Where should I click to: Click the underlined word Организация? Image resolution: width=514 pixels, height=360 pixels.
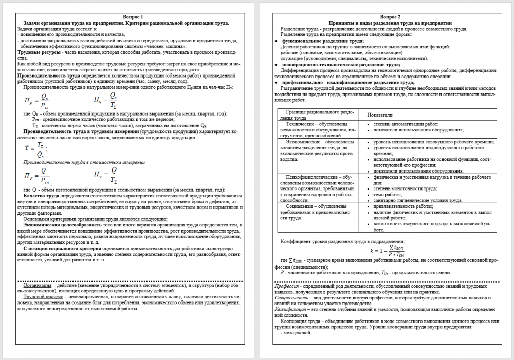(38, 285)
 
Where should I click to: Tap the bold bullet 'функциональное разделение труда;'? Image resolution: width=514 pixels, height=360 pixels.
(323, 40)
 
